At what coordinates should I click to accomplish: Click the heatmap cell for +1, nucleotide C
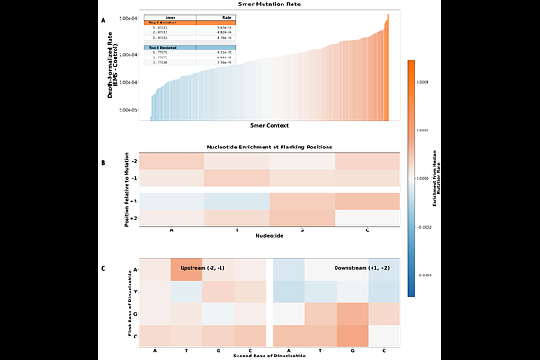point(367,201)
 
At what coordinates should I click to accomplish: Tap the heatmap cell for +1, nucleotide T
point(238,201)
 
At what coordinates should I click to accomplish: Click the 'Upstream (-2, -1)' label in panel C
point(204,268)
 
